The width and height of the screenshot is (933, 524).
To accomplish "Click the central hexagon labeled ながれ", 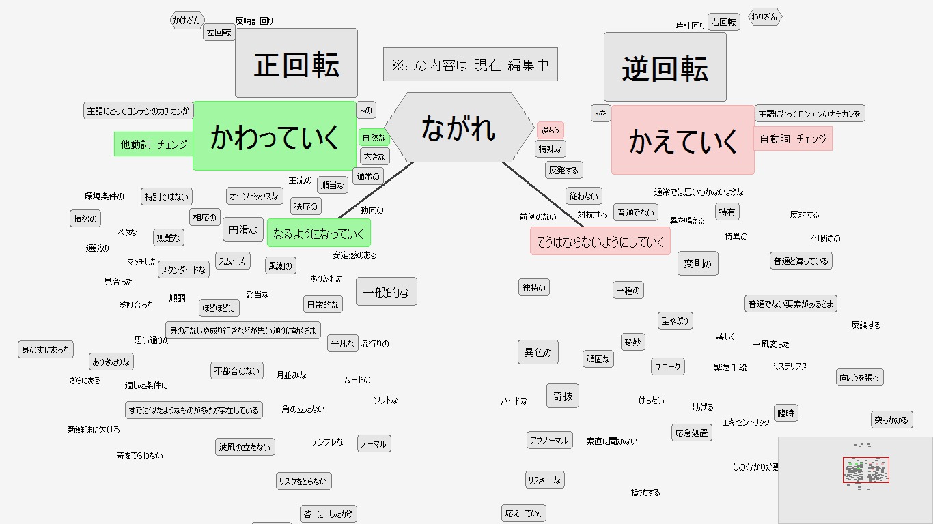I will (459, 128).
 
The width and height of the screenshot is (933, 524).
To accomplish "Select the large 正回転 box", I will (296, 63).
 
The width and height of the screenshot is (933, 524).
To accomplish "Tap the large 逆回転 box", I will (665, 68).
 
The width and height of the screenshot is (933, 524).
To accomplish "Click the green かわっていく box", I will (275, 136).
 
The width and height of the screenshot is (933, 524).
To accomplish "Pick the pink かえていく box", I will (683, 140).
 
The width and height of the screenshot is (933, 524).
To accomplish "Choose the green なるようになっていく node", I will (319, 233).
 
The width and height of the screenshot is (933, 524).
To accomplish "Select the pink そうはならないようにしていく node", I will (600, 242).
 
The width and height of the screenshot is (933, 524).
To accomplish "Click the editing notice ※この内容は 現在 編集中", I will (471, 64).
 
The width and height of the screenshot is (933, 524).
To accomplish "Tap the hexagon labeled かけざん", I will (187, 20).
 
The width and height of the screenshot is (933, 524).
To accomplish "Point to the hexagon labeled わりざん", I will (765, 17).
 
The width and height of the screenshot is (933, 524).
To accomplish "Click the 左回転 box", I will (219, 32).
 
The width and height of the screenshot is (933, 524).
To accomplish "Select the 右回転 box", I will (724, 22).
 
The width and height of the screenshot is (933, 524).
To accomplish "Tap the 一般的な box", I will (386, 292).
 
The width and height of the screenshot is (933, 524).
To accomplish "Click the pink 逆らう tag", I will (550, 130).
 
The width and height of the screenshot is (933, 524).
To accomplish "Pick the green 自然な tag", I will (374, 137).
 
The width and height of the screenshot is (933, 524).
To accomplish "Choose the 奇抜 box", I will (563, 396).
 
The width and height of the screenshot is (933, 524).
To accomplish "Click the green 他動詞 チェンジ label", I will (154, 144).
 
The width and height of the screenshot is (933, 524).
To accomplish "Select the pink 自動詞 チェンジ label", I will (793, 139).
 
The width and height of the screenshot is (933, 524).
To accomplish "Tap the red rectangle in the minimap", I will (865, 470).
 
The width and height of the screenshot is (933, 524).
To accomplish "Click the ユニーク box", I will (667, 366).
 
